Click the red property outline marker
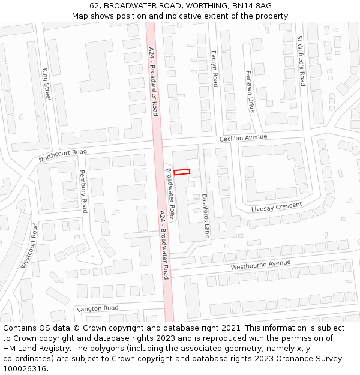pos(182,172)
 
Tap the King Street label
pos(46,84)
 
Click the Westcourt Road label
pos(29,245)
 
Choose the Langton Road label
pos(97,308)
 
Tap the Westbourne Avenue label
pos(260,265)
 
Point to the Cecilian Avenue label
pos(243,137)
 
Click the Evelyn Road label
pos(214,68)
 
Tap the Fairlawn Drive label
pos(250,91)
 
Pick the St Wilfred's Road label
pos(301,61)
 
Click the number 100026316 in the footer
pos(25,369)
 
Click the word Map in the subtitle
pos(80,16)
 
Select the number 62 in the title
pos(94,5)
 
